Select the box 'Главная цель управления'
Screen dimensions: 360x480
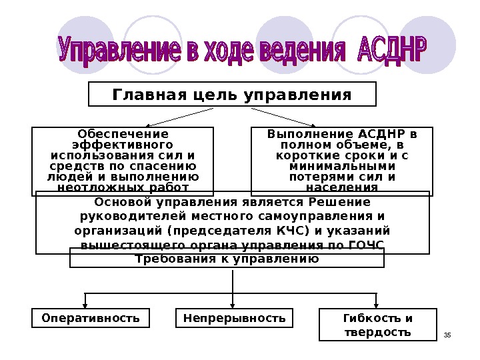(x=232, y=95)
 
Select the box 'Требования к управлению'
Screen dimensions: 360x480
(x=227, y=258)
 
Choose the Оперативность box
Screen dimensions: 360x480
(x=91, y=319)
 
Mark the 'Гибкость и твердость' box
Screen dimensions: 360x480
(x=377, y=325)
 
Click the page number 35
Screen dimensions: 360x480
(x=447, y=334)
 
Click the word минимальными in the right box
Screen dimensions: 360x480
(x=342, y=166)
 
